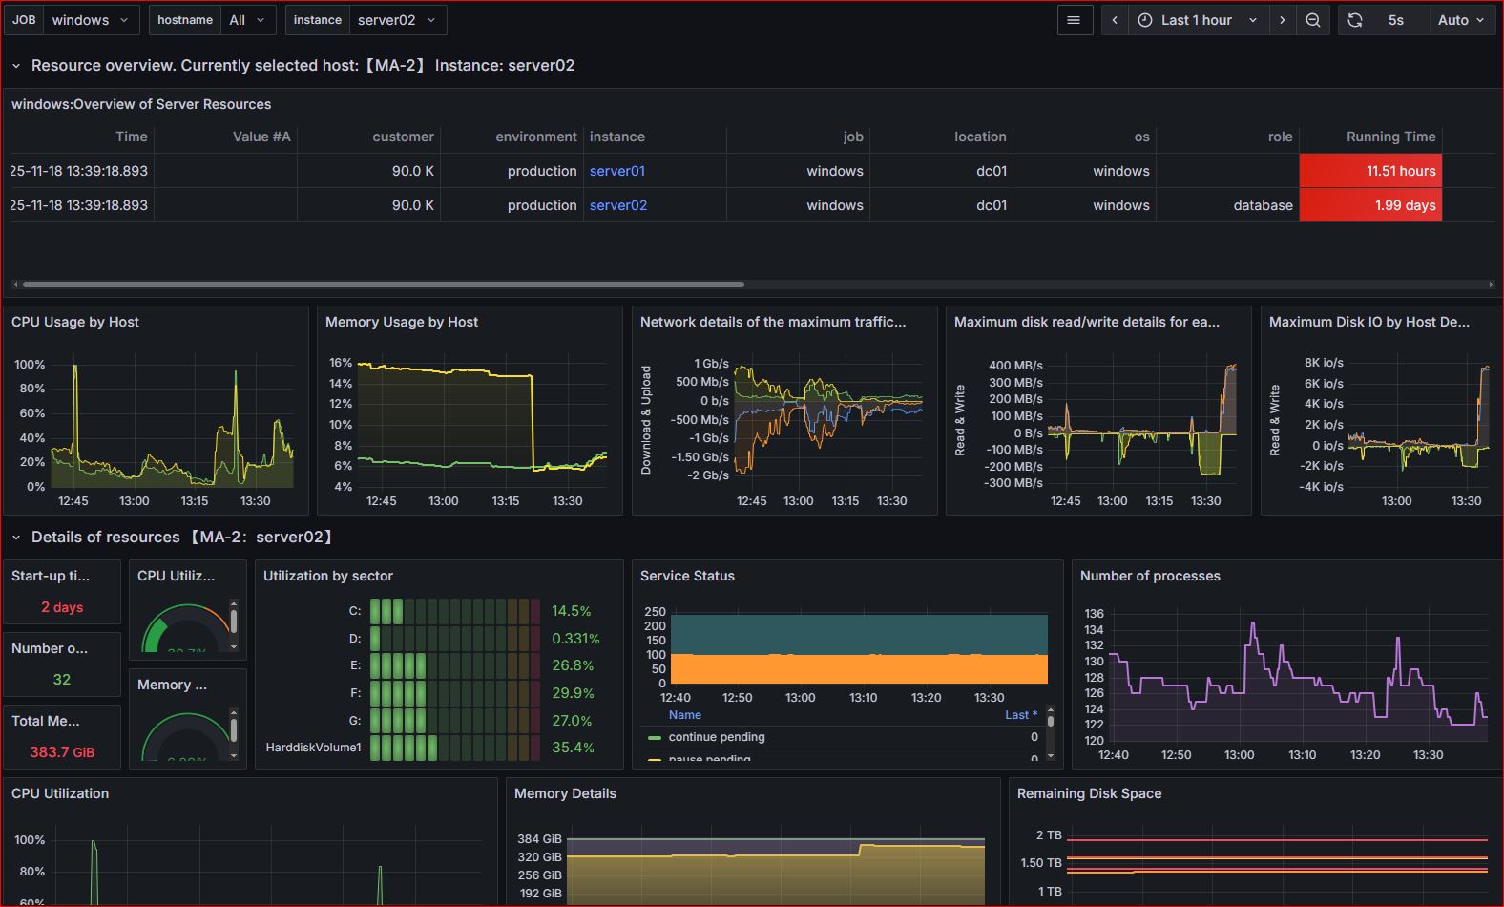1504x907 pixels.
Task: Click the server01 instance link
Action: (x=617, y=171)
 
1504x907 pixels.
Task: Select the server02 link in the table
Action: (x=618, y=205)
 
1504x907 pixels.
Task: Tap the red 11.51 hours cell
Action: (x=1370, y=171)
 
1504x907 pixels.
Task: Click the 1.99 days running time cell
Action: (x=1370, y=205)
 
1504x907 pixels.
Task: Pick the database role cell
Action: (x=1263, y=205)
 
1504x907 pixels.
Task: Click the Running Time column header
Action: (x=1390, y=137)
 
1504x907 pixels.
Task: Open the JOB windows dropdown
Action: (x=90, y=20)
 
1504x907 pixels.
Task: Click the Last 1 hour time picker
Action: (x=1197, y=20)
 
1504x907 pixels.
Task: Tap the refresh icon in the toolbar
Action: (x=1355, y=20)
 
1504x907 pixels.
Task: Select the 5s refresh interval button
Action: (x=1396, y=20)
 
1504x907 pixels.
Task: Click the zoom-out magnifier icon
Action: (x=1313, y=20)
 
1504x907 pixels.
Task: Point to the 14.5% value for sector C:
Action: (x=572, y=611)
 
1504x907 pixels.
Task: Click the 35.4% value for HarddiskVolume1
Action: (x=573, y=748)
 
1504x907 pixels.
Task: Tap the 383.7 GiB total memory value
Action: (x=62, y=752)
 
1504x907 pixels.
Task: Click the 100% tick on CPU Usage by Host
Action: (x=30, y=365)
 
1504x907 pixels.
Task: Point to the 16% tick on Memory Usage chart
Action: (x=341, y=363)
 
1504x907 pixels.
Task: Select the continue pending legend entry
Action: (x=716, y=737)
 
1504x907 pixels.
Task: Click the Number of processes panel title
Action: (x=1150, y=576)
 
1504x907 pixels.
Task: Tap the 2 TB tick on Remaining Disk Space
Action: (x=1049, y=835)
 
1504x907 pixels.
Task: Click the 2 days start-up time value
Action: (x=62, y=607)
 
